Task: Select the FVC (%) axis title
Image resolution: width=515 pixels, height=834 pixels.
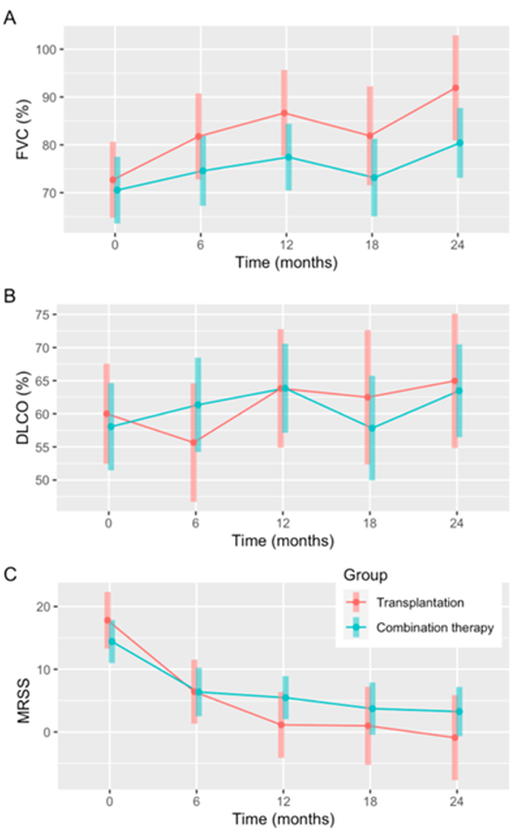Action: click(x=23, y=130)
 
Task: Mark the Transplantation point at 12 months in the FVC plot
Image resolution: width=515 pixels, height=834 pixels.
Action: click(x=284, y=113)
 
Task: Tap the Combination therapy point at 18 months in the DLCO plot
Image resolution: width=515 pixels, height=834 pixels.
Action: click(x=372, y=428)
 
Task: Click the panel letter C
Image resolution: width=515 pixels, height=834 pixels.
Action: click(x=10, y=574)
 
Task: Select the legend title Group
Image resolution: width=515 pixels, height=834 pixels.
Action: click(x=365, y=575)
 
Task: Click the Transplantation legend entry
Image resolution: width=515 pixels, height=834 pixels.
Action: click(x=420, y=603)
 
